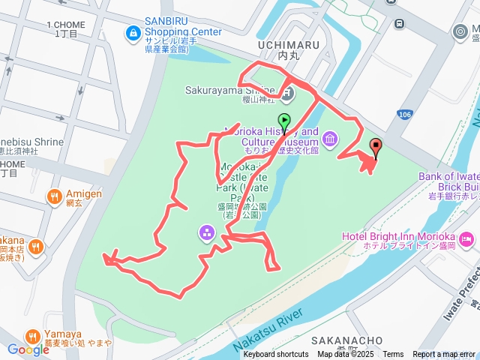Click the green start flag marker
click(x=284, y=121)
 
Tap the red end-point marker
click(x=375, y=147)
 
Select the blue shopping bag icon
click(x=133, y=32)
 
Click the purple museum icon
click(x=330, y=139)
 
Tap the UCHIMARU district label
click(x=288, y=45)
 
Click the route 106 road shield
click(x=405, y=114)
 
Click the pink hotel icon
click(x=467, y=240)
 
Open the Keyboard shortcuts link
click(x=275, y=355)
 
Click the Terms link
click(x=393, y=355)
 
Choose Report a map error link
click(x=444, y=355)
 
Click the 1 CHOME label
click(x=63, y=25)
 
